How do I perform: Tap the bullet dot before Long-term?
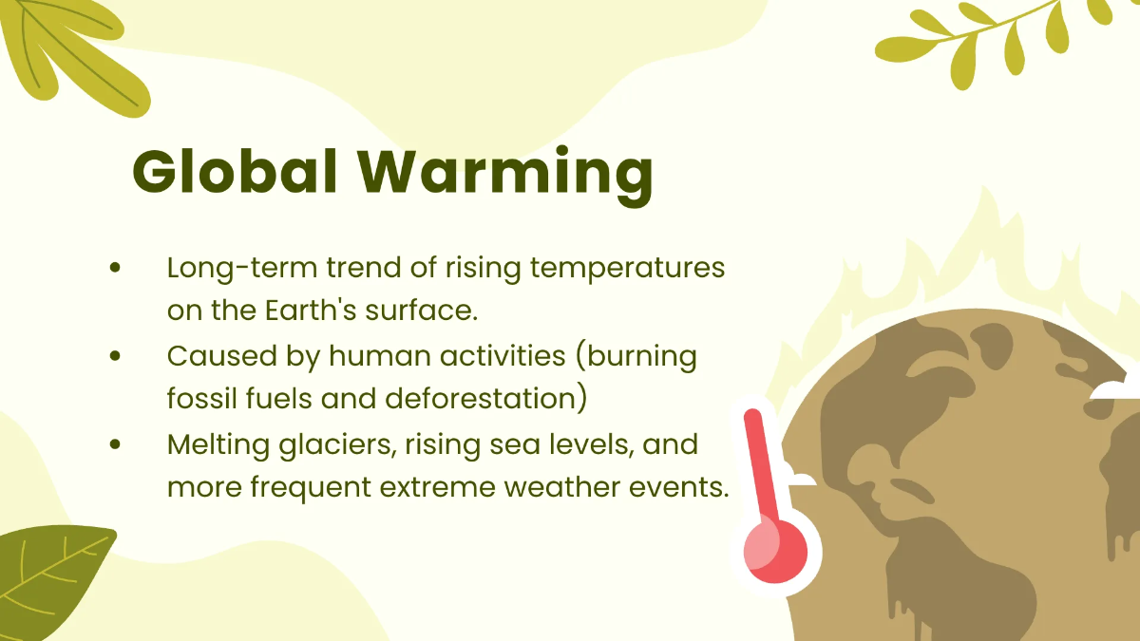click(x=116, y=269)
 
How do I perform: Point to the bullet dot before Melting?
click(x=116, y=444)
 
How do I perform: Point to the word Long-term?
click(x=241, y=269)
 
